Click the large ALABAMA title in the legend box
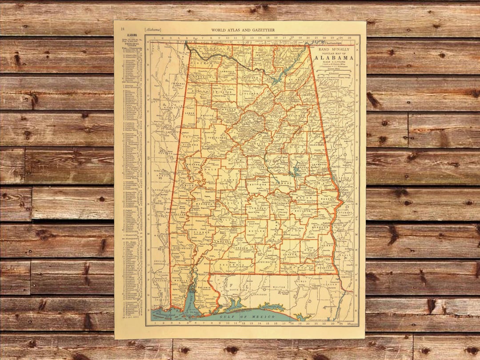click(x=334, y=57)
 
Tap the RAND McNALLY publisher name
click(x=334, y=50)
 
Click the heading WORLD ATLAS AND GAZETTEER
click(x=243, y=30)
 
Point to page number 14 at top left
click(x=122, y=30)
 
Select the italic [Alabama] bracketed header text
click(x=152, y=30)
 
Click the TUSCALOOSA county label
click(x=215, y=137)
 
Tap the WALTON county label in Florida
click(x=278, y=287)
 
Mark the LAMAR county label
click(x=189, y=114)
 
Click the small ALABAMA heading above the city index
click(x=132, y=34)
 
